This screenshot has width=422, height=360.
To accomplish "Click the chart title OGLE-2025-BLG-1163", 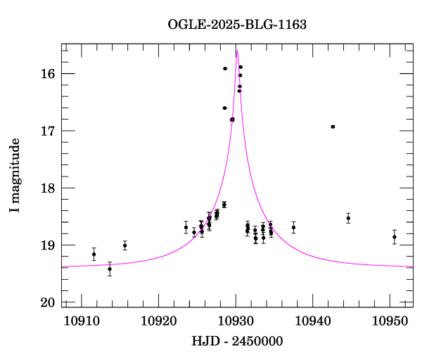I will [x=237, y=25].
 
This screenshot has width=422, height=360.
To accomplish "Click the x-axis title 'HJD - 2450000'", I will [x=237, y=342].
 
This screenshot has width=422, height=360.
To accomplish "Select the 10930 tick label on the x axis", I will [x=235, y=321].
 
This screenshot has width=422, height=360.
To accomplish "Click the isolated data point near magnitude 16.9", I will [x=333, y=127].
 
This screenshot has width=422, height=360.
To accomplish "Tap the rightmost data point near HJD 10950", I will [x=395, y=237].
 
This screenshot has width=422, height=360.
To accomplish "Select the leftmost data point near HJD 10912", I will [x=94, y=254].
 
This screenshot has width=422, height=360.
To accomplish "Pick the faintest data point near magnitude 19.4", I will [x=110, y=269].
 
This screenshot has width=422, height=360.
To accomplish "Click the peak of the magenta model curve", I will [x=237, y=51].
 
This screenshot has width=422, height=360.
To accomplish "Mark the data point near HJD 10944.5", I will [x=348, y=218].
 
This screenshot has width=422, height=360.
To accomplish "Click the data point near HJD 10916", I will [x=124, y=245].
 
